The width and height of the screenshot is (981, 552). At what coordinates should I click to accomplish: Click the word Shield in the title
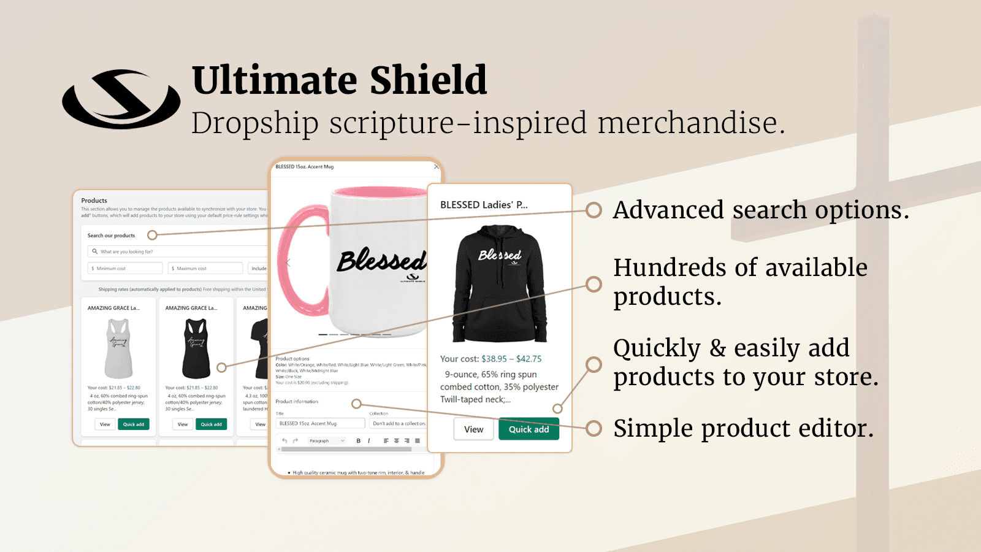(x=428, y=80)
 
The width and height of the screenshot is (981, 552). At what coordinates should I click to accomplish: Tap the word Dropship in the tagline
(x=254, y=123)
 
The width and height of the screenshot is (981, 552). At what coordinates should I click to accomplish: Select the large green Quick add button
(x=529, y=429)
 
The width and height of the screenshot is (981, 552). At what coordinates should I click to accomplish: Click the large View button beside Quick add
(x=473, y=429)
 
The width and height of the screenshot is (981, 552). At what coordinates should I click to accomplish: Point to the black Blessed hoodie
(x=500, y=283)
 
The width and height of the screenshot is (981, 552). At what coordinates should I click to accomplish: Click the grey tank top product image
(x=118, y=348)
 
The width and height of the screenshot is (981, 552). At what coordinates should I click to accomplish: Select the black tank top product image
(x=196, y=348)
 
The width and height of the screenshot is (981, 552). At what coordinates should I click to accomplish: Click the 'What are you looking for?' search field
(x=178, y=251)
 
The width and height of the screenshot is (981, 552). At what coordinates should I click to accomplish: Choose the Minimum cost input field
(x=126, y=268)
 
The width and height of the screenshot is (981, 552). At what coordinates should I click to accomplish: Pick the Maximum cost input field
(x=205, y=268)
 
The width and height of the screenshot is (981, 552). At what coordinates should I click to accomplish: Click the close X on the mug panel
(x=436, y=166)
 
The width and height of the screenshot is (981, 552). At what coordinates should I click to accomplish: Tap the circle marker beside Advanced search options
(x=594, y=210)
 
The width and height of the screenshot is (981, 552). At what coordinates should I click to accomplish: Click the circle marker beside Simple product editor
(x=594, y=428)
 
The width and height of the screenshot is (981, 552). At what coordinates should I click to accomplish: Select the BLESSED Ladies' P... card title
(x=484, y=205)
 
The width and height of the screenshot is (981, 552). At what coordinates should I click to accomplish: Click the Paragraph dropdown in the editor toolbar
(x=326, y=440)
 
